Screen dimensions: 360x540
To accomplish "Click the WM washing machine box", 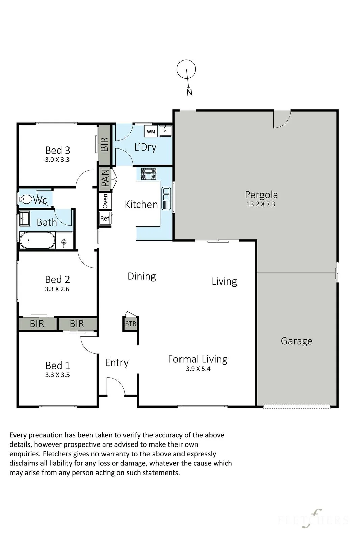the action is pyautogui.click(x=151, y=131).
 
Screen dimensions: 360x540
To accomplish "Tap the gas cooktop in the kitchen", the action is pyautogui.click(x=148, y=173).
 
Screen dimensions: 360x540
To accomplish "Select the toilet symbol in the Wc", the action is pyautogui.click(x=26, y=199).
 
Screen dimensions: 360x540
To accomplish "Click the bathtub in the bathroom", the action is pyautogui.click(x=37, y=240).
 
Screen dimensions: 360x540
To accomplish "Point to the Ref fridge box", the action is pyautogui.click(x=105, y=218).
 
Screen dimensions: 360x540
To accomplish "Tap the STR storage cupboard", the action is pyautogui.click(x=130, y=324).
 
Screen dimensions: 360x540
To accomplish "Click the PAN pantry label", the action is pyautogui.click(x=105, y=179).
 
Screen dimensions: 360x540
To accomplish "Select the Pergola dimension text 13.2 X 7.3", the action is pyautogui.click(x=261, y=204).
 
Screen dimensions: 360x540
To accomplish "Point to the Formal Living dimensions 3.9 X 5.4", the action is pyautogui.click(x=198, y=369).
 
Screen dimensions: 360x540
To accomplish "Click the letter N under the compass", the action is pyautogui.click(x=189, y=92).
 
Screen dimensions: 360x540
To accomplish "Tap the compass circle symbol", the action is pyautogui.click(x=186, y=69).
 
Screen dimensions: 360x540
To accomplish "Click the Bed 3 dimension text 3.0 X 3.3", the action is pyautogui.click(x=57, y=160).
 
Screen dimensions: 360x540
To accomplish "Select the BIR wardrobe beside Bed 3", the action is pyautogui.click(x=104, y=144).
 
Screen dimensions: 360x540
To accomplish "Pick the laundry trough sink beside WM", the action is pyautogui.click(x=166, y=131).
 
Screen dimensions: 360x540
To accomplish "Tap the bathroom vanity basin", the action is pyautogui.click(x=24, y=218).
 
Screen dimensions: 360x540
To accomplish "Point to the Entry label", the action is pyautogui.click(x=117, y=363).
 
